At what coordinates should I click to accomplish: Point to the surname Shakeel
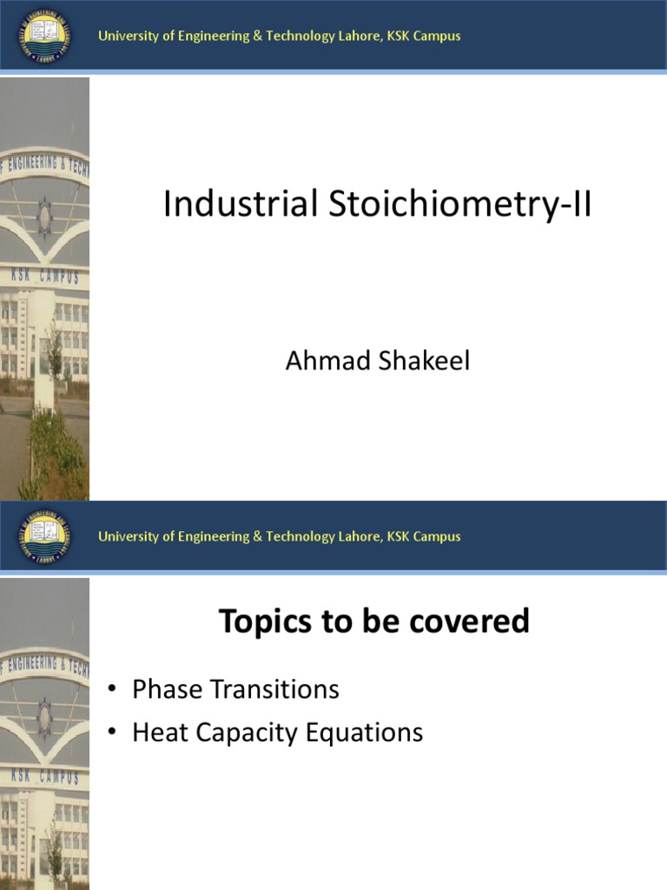(x=425, y=361)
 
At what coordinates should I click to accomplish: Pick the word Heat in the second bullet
(x=159, y=733)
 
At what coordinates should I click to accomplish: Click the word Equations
(x=367, y=733)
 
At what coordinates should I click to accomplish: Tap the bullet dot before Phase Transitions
(x=111, y=691)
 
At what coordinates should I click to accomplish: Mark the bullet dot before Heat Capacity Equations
(x=111, y=734)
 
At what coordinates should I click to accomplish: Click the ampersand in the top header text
(x=257, y=37)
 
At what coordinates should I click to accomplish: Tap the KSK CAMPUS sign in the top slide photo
(x=45, y=276)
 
